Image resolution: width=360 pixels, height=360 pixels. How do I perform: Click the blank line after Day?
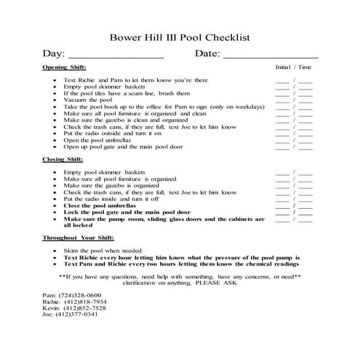(116, 55)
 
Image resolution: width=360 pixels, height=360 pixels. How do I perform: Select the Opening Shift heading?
(63, 67)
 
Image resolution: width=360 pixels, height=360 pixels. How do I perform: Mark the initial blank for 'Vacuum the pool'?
(281, 100)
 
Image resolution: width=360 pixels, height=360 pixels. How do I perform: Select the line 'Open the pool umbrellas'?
(99, 140)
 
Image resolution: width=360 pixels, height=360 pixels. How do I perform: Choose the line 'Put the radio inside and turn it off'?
(110, 199)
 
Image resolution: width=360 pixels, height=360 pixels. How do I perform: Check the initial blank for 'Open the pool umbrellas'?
(281, 140)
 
